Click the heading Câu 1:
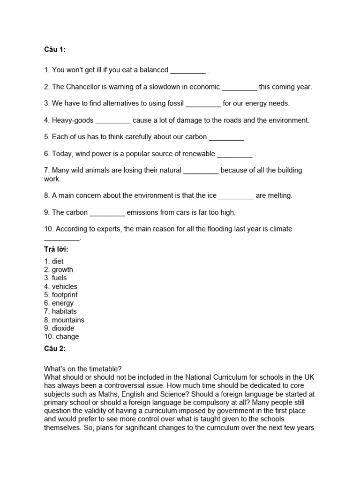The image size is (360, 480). point(55,50)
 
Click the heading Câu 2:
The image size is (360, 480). point(55,349)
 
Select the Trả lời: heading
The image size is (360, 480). point(56,249)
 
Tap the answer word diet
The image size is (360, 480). point(58,261)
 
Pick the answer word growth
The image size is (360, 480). point(62,270)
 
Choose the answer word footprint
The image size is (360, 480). point(65,295)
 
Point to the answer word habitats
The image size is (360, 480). point(64,311)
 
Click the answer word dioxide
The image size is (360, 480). point(63,328)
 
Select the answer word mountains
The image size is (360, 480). point(68,320)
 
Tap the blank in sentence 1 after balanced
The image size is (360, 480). point(187,71)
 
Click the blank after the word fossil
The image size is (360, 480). point(203,104)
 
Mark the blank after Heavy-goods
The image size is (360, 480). point(113,121)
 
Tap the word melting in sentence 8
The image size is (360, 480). point(280,195)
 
